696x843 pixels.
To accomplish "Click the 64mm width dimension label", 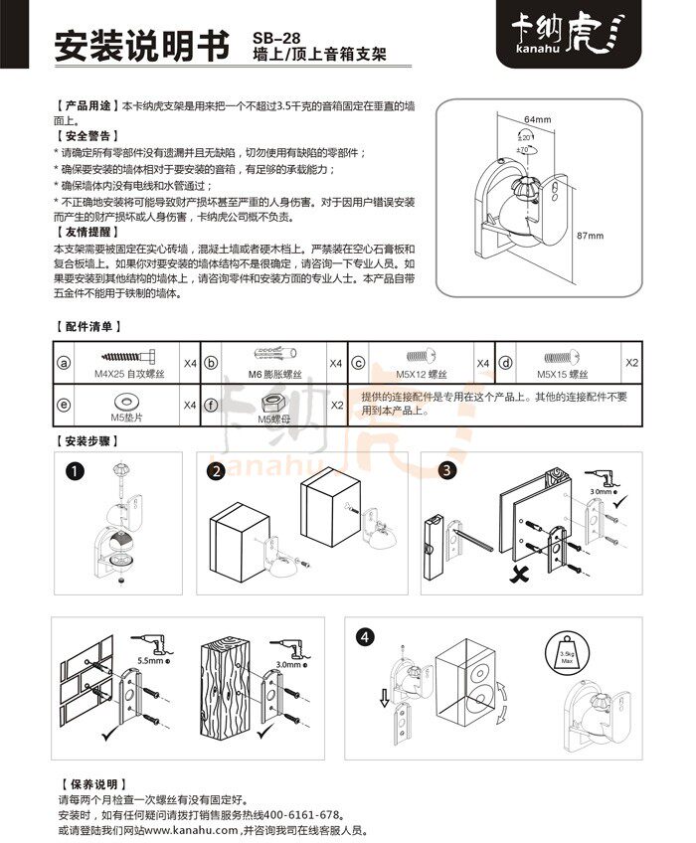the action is [x=537, y=119].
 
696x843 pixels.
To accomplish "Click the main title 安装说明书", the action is [x=143, y=45].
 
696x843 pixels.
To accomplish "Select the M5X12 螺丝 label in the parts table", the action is [x=420, y=378].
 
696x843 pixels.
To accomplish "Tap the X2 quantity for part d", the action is [x=631, y=362].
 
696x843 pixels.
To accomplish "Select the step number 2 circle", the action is [x=216, y=471].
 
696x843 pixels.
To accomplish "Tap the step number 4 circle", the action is [x=369, y=635].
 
